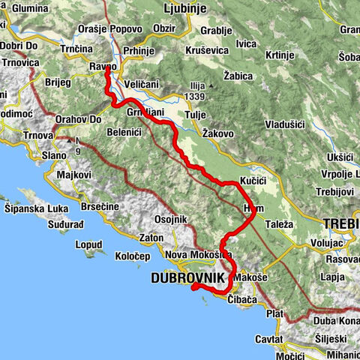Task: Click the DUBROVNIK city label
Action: click(187, 278)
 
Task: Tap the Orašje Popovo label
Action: click(109, 28)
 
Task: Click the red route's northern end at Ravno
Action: click(106, 70)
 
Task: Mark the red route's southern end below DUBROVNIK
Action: click(194, 285)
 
